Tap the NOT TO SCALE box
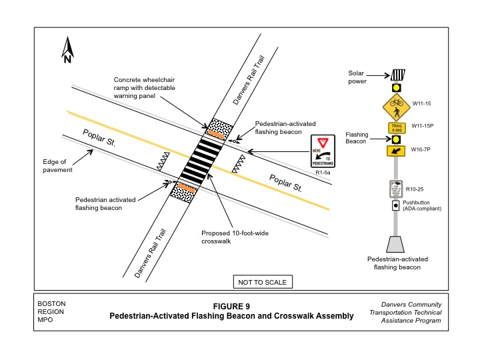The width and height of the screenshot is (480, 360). coord(262,282)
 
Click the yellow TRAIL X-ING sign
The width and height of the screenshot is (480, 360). coord(397,127)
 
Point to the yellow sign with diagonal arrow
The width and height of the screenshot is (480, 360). coord(396,152)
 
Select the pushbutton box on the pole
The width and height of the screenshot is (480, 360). coord(395,205)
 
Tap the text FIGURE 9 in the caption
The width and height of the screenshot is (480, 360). coord(231,306)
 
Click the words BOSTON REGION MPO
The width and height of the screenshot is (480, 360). coord(51,311)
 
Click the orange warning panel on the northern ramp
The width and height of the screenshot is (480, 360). coord(216,131)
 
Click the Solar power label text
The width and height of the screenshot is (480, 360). coord(357,77)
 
